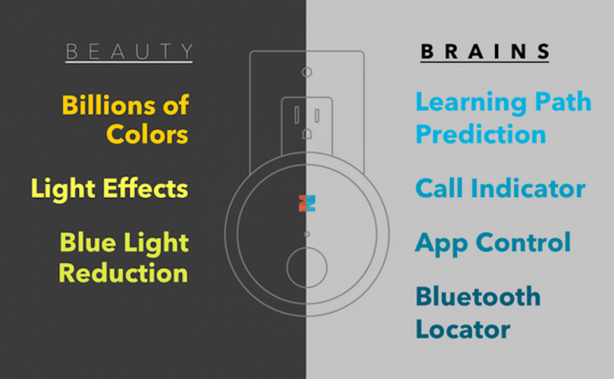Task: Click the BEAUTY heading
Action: pos(129,52)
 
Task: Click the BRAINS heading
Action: pos(485,52)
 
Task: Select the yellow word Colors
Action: pos(147,135)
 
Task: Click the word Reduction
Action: pos(123,273)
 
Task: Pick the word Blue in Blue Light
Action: pos(86,243)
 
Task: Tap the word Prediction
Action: pos(481,134)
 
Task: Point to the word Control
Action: pos(523,242)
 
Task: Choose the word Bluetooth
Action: pos(478,296)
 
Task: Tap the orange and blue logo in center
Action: pos(307,203)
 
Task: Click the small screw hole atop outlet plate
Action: pos(306,72)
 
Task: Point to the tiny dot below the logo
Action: pos(306,234)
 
